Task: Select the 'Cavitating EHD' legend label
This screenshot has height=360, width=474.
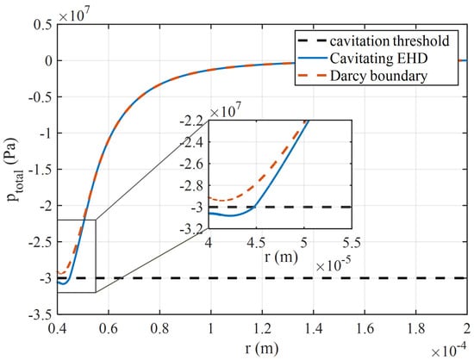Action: pyautogui.click(x=378, y=59)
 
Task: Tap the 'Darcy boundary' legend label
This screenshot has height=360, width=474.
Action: pyautogui.click(x=378, y=76)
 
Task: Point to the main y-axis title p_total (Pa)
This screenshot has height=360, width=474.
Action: pyautogui.click(x=16, y=170)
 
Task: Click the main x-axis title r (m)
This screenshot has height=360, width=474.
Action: pyautogui.click(x=262, y=348)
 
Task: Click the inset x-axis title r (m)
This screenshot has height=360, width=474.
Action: pyautogui.click(x=281, y=257)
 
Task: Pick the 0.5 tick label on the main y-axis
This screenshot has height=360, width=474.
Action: pyautogui.click(x=43, y=25)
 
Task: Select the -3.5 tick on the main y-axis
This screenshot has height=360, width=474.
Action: pyautogui.click(x=41, y=314)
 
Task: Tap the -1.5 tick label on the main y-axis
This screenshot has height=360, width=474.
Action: pyautogui.click(x=41, y=170)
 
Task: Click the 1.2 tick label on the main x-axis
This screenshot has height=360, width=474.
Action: pyautogui.click(x=262, y=328)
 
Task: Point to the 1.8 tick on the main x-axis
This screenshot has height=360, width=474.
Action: pyautogui.click(x=416, y=328)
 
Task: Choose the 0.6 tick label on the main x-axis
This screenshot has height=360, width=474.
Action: pyautogui.click(x=109, y=328)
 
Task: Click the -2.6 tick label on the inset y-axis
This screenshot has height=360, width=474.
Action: pyautogui.click(x=192, y=164)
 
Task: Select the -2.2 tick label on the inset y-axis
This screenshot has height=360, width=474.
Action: pyautogui.click(x=192, y=121)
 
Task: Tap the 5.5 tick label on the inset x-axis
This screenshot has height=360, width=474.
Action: pyautogui.click(x=352, y=243)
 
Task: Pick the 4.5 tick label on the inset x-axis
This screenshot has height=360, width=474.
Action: pyautogui.click(x=256, y=243)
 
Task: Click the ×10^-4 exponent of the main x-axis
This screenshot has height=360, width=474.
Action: pyautogui.click(x=449, y=351)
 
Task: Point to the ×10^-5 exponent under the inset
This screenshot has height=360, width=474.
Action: pyautogui.click(x=334, y=265)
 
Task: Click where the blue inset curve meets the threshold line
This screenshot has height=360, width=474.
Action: pyautogui.click(x=255, y=207)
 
